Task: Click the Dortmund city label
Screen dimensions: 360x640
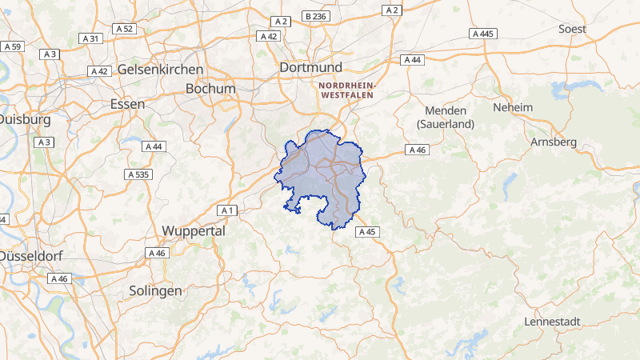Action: (x=310, y=68)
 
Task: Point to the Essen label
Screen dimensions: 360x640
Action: (x=127, y=104)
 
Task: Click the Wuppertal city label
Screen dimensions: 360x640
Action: (x=194, y=230)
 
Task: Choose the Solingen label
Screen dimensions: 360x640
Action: (x=155, y=291)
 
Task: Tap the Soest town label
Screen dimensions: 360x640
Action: (x=572, y=29)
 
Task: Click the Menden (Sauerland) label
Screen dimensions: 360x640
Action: (x=446, y=117)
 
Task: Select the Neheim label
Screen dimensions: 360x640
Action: (x=513, y=107)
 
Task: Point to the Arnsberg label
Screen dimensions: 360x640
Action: (x=553, y=142)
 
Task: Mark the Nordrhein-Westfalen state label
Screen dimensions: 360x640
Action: (x=351, y=90)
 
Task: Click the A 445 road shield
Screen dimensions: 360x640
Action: (x=484, y=34)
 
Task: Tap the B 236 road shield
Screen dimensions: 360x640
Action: (x=316, y=16)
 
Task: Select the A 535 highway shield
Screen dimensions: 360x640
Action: (x=138, y=174)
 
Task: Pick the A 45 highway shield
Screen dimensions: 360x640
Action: (x=366, y=232)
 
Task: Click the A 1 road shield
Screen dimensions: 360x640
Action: (x=227, y=210)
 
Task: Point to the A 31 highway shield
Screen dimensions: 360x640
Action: (x=90, y=38)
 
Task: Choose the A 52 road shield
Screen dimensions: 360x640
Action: (x=123, y=29)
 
